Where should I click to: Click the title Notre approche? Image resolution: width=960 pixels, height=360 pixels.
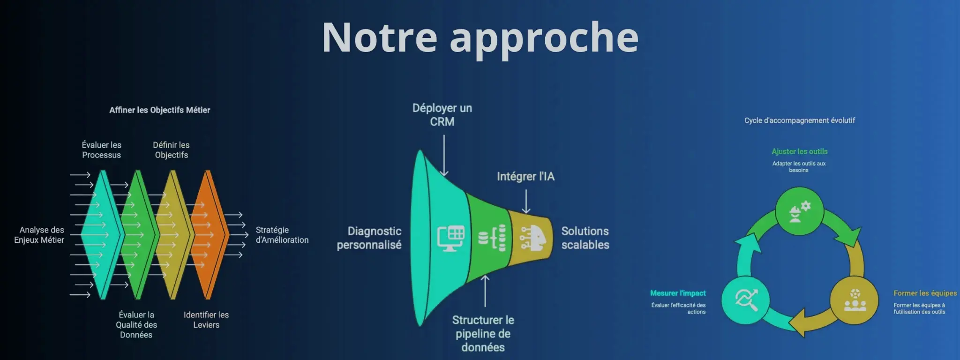click(480, 37)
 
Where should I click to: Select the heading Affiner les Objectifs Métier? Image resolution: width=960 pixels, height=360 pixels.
click(159, 110)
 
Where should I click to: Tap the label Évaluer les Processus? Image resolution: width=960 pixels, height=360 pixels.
click(101, 150)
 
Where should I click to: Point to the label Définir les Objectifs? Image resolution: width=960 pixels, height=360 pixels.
click(171, 150)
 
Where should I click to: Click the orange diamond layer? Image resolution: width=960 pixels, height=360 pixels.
click(208, 234)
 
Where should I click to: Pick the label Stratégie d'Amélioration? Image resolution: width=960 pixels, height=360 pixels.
click(282, 235)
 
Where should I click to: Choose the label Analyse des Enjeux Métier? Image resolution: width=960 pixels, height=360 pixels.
click(40, 235)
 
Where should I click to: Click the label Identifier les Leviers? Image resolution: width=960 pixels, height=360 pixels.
click(206, 320)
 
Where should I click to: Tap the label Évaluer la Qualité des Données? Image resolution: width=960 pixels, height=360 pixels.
click(136, 324)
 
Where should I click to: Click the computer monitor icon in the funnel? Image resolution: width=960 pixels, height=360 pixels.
click(450, 238)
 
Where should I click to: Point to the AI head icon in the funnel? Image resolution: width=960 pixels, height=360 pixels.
click(533, 238)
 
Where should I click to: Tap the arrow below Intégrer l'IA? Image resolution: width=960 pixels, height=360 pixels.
click(526, 201)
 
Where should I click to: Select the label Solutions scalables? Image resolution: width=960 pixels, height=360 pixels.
click(585, 238)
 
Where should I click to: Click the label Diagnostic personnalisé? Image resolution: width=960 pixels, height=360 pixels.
click(369, 238)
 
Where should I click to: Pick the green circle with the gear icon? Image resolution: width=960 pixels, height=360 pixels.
click(799, 211)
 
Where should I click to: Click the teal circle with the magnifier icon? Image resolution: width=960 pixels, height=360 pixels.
click(745, 300)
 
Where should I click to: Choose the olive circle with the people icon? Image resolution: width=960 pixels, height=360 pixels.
click(854, 300)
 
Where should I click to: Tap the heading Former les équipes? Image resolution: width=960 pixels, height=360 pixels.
click(925, 293)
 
